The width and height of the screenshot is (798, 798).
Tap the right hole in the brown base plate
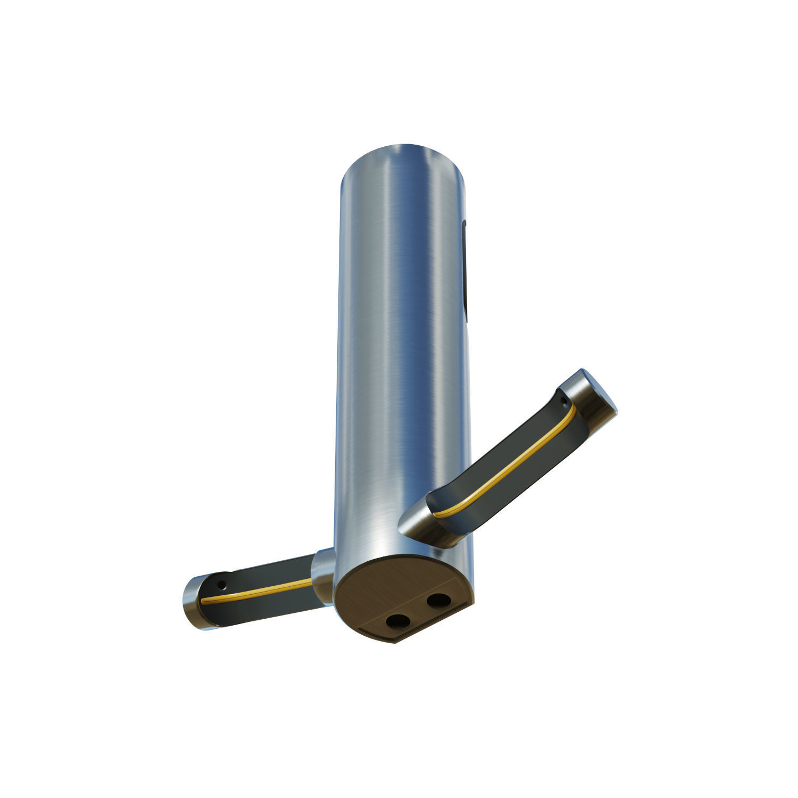click(x=438, y=601)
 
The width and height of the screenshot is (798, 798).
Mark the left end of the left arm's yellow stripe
click(x=203, y=602)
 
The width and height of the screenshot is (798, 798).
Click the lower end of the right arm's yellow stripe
click(x=435, y=515)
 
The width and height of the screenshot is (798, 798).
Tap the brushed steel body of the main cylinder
click(x=399, y=346)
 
